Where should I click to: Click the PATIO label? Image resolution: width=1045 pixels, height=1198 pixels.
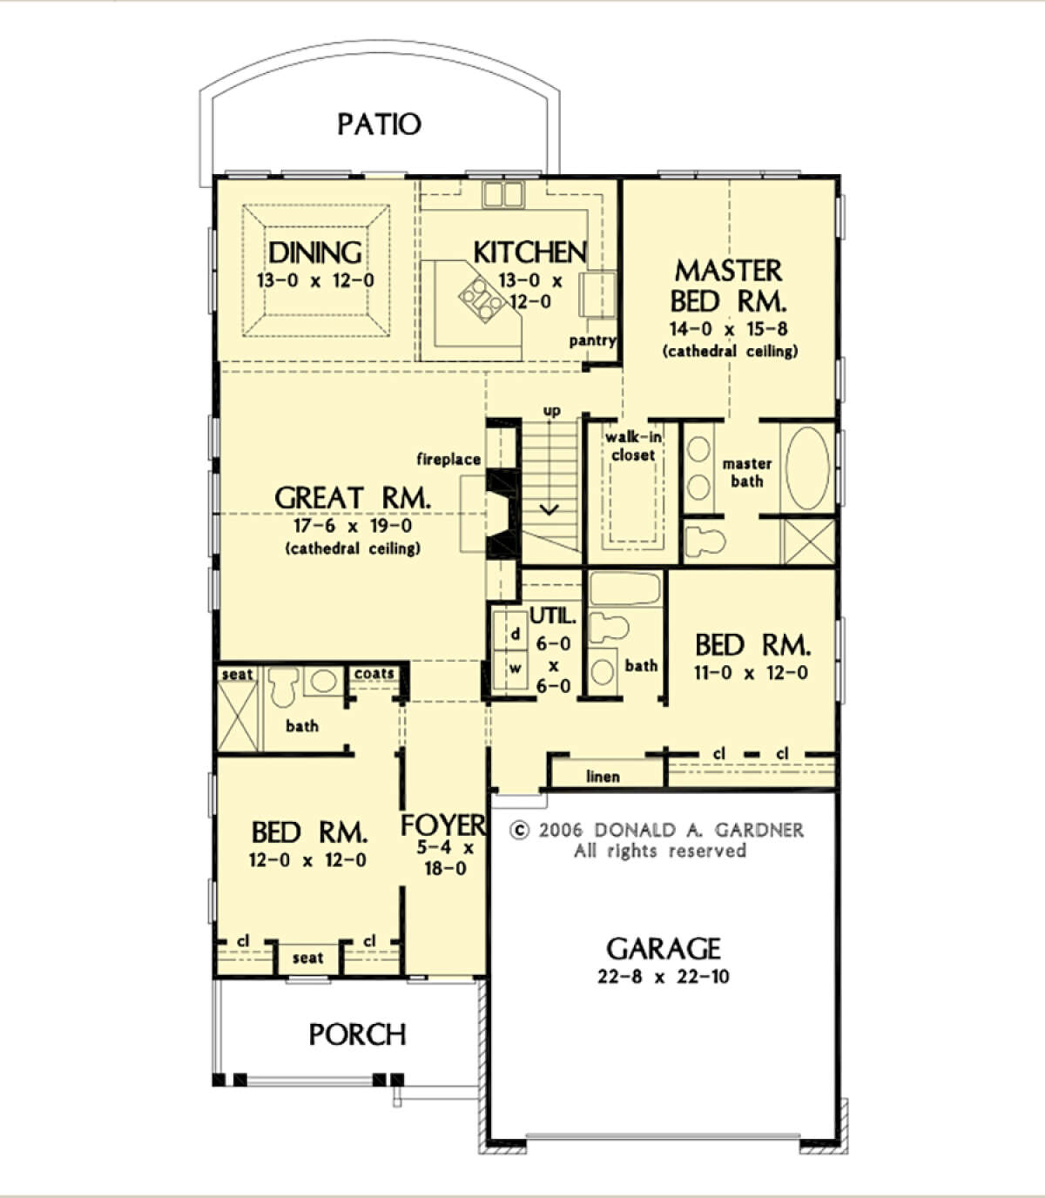(x=379, y=125)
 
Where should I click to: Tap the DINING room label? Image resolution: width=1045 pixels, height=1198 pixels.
(x=315, y=252)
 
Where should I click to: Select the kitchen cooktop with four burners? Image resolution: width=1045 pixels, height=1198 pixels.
(x=482, y=299)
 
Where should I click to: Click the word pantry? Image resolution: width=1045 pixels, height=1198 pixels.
(x=592, y=340)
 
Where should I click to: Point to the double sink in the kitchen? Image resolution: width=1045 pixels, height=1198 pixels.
(x=502, y=194)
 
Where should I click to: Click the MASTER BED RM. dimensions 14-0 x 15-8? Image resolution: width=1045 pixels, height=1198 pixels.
(x=728, y=329)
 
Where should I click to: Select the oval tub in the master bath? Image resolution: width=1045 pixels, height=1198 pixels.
(x=807, y=468)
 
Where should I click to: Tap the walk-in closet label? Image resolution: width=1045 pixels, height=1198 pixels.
(x=633, y=446)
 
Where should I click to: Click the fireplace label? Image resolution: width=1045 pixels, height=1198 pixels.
(x=448, y=459)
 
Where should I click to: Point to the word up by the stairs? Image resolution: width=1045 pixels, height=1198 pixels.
(x=551, y=412)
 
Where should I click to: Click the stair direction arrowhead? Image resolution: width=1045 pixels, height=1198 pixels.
(x=549, y=509)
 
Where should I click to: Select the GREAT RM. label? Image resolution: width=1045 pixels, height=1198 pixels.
(x=353, y=498)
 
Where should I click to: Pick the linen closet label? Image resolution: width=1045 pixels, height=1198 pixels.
(x=603, y=777)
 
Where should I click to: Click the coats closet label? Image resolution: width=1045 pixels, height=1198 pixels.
(x=374, y=674)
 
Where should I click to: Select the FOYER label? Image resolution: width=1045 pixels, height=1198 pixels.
(x=443, y=825)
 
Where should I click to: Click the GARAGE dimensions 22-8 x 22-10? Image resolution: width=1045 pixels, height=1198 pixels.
(x=664, y=977)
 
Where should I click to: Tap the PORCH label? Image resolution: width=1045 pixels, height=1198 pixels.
(x=357, y=1034)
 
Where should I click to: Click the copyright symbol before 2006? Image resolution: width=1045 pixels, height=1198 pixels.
(x=519, y=831)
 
